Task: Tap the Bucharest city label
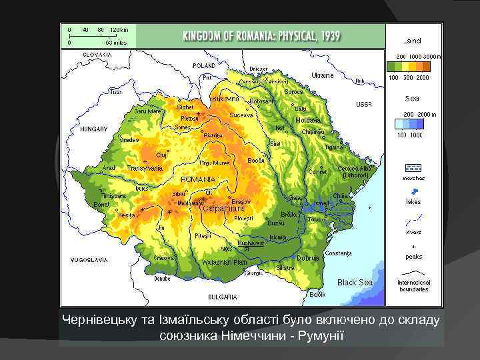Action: tap(251, 243)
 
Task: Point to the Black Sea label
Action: tap(355, 283)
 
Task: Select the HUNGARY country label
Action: tap(93, 129)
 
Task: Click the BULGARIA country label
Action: tap(223, 297)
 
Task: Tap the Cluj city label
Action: tap(161, 155)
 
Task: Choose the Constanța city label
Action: tap(339, 253)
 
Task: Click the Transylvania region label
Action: tap(145, 168)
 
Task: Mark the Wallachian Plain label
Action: tap(226, 263)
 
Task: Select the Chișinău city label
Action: tap(312, 132)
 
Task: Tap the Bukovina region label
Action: tap(225, 99)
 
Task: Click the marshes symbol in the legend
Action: tap(413, 168)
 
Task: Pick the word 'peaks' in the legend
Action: tap(413, 257)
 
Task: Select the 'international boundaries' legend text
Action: tap(414, 285)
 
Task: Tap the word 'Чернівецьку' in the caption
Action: tap(99, 319)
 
